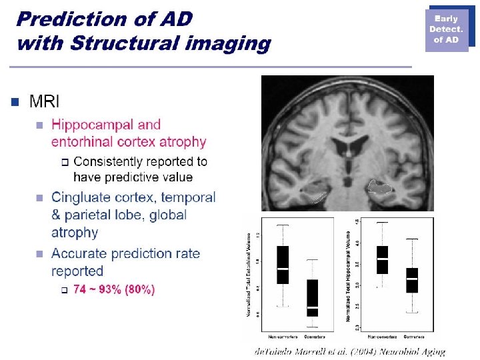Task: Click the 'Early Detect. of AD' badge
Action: pyautogui.click(x=446, y=30)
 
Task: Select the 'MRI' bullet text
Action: pyautogui.click(x=45, y=101)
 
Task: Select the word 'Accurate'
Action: pyautogui.click(x=79, y=253)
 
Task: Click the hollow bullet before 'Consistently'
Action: pyautogui.click(x=64, y=161)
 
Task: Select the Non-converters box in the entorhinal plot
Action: pyautogui.click(x=283, y=265)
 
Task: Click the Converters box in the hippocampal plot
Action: pyautogui.click(x=412, y=280)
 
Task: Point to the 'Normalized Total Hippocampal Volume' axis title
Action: pyautogui.click(x=348, y=277)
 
